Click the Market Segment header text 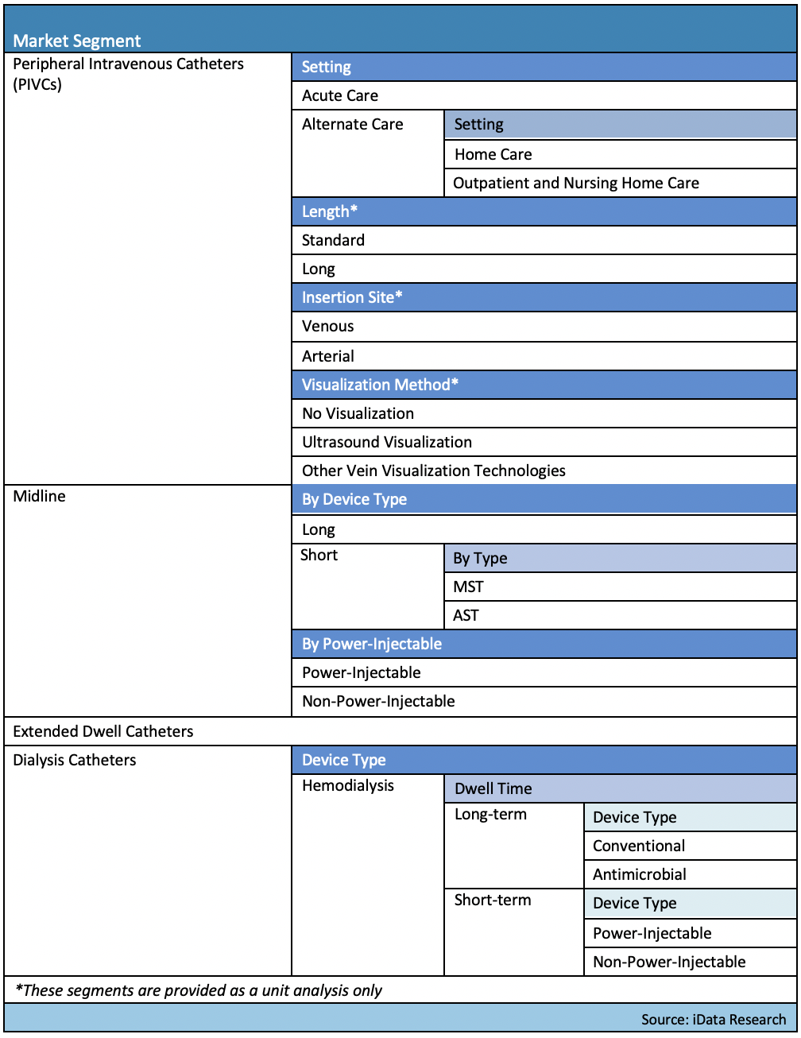[x=77, y=41]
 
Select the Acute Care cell [x=340, y=95]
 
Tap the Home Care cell [x=493, y=154]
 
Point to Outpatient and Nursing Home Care [x=576, y=183]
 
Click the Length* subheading [x=330, y=211]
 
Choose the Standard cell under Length [x=333, y=240]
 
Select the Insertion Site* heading [x=352, y=297]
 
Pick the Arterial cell [x=328, y=356]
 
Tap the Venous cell [x=327, y=326]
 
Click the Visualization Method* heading [x=380, y=385]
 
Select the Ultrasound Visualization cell [x=387, y=442]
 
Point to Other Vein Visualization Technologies [x=434, y=471]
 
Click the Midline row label [x=40, y=496]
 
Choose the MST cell [x=468, y=587]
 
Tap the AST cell [x=466, y=615]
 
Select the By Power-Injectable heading [x=372, y=644]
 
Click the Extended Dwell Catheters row [x=103, y=731]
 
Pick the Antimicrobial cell [x=640, y=874]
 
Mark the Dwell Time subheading [x=493, y=788]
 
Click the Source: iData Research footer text [x=714, y=1019]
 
